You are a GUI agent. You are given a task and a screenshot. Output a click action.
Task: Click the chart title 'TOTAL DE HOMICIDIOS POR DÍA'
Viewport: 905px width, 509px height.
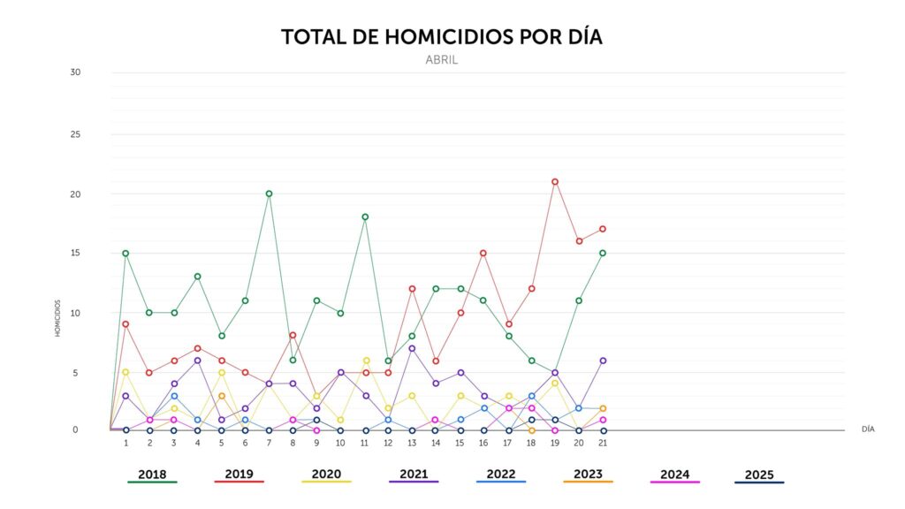(x=441, y=37)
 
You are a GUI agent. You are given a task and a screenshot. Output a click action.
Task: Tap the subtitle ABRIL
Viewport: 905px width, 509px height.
(x=441, y=60)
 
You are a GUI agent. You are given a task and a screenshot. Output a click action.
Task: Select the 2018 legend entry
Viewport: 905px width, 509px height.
(x=152, y=475)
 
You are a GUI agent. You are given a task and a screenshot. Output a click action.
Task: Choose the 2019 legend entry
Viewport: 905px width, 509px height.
(x=239, y=475)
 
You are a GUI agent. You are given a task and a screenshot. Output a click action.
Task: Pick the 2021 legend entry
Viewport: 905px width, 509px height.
(x=414, y=475)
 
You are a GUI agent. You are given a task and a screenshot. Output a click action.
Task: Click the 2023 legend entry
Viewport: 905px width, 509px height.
(x=588, y=475)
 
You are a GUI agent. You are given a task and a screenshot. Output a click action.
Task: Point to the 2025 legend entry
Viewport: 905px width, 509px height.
(x=759, y=475)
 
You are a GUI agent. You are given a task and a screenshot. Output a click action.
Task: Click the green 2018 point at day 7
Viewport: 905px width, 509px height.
(x=269, y=194)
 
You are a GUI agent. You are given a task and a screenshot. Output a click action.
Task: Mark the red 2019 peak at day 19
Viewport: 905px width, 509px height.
(x=555, y=182)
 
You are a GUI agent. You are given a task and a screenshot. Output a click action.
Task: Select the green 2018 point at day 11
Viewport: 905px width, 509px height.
(x=364, y=217)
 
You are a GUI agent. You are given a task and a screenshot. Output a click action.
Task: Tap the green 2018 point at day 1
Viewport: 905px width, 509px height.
(x=126, y=254)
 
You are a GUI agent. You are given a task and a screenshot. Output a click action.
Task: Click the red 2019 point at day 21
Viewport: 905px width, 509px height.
(x=603, y=229)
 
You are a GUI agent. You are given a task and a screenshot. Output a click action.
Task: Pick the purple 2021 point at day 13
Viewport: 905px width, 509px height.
(x=412, y=348)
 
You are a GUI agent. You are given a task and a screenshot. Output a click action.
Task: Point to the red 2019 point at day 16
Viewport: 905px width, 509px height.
(x=483, y=254)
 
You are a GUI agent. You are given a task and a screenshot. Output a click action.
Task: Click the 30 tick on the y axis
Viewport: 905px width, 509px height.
(x=76, y=72)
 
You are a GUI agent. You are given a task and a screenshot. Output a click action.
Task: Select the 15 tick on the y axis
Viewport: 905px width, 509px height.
(x=76, y=253)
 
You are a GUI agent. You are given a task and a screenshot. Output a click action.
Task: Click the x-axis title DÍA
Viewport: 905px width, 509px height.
(x=868, y=429)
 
